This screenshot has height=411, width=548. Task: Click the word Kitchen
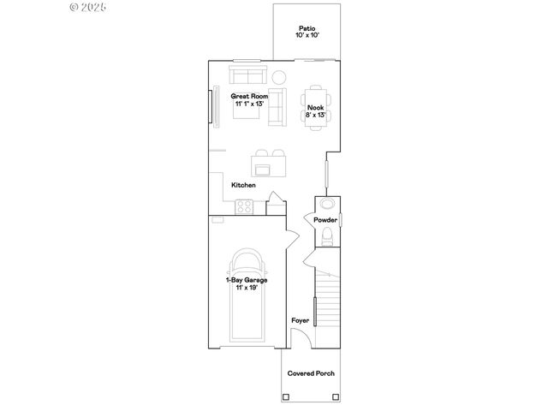(243, 185)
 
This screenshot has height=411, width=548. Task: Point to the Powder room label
(325, 220)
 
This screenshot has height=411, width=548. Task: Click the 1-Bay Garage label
(247, 280)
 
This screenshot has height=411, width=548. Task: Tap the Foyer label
(300, 320)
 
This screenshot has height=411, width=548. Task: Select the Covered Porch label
(311, 373)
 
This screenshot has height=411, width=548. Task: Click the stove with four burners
(244, 206)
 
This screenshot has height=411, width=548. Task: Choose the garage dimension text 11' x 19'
(247, 288)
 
